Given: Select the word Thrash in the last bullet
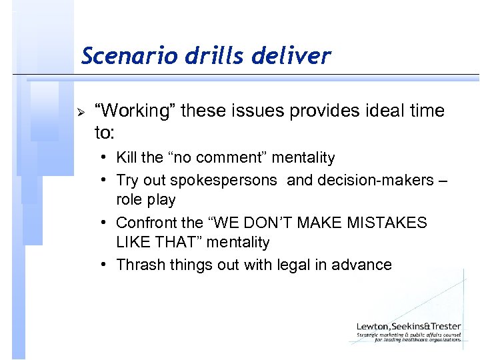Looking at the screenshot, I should pos(138,265).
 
